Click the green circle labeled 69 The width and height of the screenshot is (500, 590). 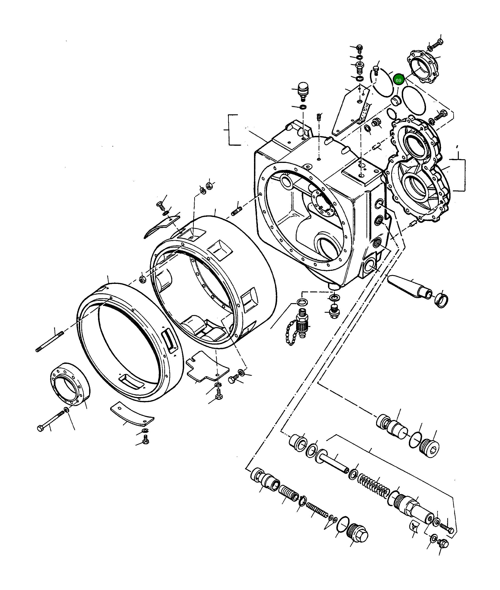tap(398, 80)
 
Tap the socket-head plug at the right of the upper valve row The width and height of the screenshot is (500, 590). tap(429, 450)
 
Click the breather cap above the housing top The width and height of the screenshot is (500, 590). tap(302, 90)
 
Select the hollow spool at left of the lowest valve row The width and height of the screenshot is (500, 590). tap(265, 479)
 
